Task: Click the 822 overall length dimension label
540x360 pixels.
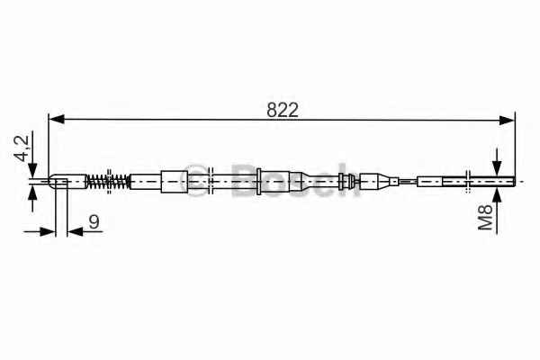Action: tap(282, 110)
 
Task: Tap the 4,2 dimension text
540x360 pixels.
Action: tap(22, 148)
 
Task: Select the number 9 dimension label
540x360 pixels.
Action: tap(94, 221)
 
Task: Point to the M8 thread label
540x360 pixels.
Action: tap(486, 217)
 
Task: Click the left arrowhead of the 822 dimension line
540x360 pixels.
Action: tap(57, 120)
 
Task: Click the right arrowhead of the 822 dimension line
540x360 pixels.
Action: tap(507, 121)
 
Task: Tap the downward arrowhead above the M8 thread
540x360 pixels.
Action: tap(497, 169)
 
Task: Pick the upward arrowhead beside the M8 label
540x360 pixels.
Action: tap(497, 195)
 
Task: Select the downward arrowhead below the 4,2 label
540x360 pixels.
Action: tap(32, 170)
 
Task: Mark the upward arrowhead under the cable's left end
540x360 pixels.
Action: tap(32, 193)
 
